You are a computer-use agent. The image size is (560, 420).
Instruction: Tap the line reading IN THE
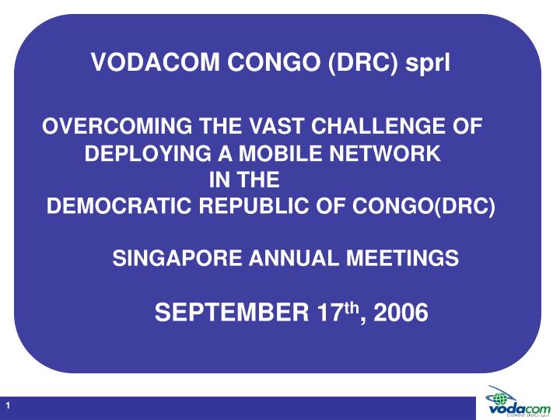click(245, 180)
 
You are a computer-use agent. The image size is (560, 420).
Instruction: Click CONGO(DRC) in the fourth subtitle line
click(424, 207)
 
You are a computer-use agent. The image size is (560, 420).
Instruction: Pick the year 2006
click(400, 313)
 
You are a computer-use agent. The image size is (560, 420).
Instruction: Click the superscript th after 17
click(352, 308)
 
